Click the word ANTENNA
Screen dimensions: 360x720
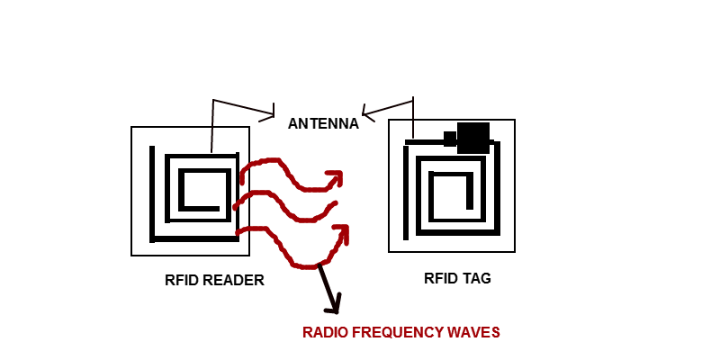click(323, 124)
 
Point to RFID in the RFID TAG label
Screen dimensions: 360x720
click(440, 278)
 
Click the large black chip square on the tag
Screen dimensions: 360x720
click(473, 138)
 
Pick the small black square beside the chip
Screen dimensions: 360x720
click(450, 139)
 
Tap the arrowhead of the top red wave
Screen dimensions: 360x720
click(336, 176)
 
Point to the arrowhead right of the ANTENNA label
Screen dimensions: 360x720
click(368, 112)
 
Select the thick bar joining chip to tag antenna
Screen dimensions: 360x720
click(425, 142)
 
